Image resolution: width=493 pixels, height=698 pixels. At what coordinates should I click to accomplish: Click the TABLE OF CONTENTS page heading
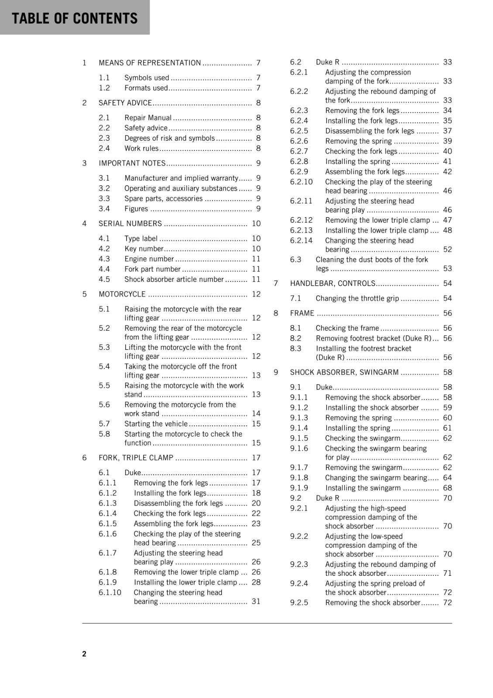pyautogui.click(x=75, y=18)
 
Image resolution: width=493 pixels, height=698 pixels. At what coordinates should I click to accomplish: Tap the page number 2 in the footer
pyautogui.click(x=84, y=654)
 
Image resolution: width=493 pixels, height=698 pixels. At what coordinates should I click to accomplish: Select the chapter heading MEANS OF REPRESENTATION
pyautogui.click(x=150, y=63)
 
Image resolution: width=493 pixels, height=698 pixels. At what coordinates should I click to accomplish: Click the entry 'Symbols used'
pyautogui.click(x=147, y=78)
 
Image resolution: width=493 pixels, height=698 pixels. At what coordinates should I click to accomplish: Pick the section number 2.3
pyautogui.click(x=104, y=138)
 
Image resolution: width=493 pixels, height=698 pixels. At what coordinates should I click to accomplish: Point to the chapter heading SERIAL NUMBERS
pyautogui.click(x=130, y=223)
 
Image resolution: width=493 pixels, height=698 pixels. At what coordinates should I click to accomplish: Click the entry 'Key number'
pyautogui.click(x=144, y=249)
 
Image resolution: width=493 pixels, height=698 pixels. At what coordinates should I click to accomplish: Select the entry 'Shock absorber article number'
pyautogui.click(x=174, y=279)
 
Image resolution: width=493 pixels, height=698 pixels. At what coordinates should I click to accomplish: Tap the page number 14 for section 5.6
pyautogui.click(x=256, y=413)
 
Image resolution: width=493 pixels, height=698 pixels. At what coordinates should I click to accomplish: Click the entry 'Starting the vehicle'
pyautogui.click(x=156, y=424)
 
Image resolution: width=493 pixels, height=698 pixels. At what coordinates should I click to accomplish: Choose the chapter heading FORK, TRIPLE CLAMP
pyautogui.click(x=136, y=458)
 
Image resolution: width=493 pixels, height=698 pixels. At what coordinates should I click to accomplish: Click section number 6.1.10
pyautogui.click(x=110, y=592)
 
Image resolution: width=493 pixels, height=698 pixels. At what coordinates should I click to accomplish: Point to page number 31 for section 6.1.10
pyautogui.click(x=256, y=601)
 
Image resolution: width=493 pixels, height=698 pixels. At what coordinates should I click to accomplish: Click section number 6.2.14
pyautogui.click(x=301, y=240)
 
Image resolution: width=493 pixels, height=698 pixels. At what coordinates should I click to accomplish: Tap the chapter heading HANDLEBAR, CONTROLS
pyautogui.click(x=332, y=284)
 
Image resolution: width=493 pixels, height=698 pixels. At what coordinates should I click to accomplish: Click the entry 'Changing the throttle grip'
pyautogui.click(x=357, y=298)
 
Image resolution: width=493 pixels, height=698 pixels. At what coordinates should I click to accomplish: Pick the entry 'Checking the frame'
pyautogui.click(x=347, y=328)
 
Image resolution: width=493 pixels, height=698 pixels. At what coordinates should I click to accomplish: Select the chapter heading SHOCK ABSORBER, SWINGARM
pyautogui.click(x=344, y=372)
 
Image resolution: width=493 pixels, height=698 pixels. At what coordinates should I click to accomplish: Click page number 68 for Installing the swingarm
pyautogui.click(x=447, y=488)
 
